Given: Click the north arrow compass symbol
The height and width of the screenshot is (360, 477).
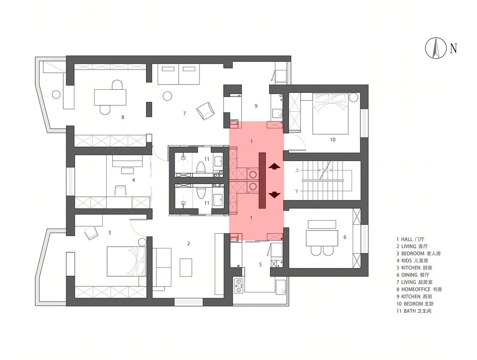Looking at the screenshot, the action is coord(435,48).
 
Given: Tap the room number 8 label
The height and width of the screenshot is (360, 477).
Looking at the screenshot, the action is coord(123,117).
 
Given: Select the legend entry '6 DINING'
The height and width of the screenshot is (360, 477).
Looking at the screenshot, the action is coord(412,275).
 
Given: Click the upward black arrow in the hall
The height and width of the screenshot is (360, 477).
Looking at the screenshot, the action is coord(274,166).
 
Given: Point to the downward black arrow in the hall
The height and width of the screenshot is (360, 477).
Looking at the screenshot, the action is coord(274,195).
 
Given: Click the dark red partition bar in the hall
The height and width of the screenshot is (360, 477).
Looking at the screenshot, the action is coord(262,180).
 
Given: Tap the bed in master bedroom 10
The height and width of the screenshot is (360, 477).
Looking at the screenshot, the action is coord(331,114).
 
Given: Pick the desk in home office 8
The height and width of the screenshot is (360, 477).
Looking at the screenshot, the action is coord(110,97).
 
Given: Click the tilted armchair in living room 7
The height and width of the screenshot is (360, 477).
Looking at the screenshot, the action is coord(206,111).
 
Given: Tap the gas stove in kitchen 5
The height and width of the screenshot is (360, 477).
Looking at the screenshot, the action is coord(238,285).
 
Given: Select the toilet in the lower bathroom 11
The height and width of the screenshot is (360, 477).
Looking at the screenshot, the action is coord(200,193).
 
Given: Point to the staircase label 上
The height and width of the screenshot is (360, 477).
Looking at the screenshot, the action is coord(297,170).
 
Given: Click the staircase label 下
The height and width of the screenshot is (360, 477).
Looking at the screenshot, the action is coord(297,191).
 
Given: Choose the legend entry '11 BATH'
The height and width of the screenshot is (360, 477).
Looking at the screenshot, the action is coord(414,311).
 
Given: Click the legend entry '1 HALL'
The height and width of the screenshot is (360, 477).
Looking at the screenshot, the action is coord(410,239).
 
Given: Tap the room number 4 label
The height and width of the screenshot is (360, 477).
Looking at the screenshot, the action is coord(133,180).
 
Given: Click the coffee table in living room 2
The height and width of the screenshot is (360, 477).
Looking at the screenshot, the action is coord(186,268).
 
